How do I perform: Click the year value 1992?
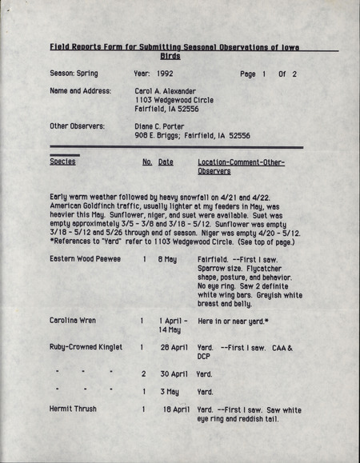[165, 74]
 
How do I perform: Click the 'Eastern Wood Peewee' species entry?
[85, 260]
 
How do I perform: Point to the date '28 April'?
[173, 347]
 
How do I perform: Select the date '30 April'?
[173, 373]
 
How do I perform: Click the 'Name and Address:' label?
[80, 91]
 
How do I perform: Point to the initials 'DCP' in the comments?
[204, 357]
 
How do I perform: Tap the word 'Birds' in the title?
[170, 56]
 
